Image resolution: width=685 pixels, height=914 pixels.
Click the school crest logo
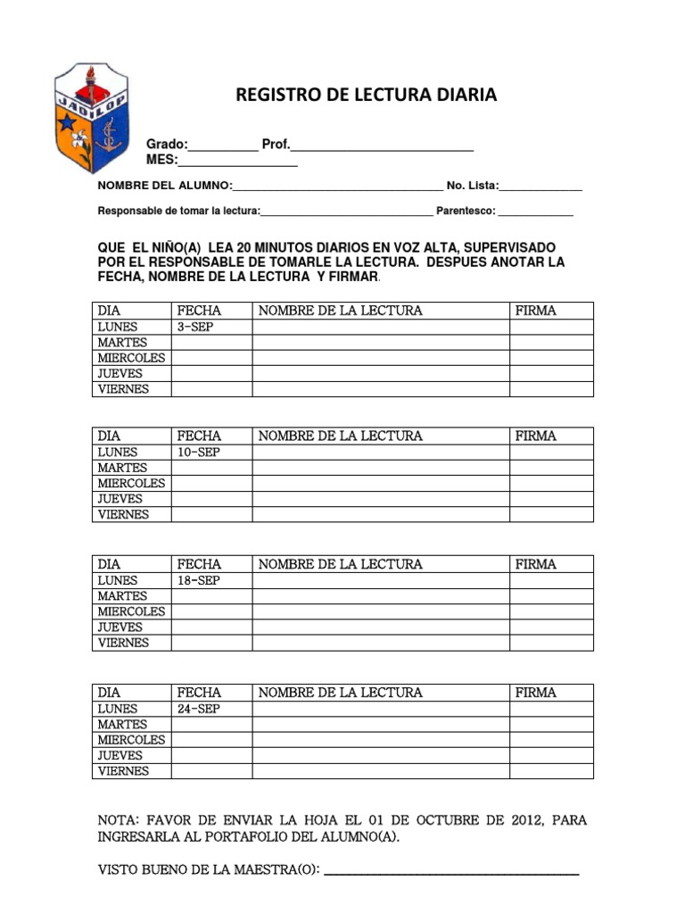92,117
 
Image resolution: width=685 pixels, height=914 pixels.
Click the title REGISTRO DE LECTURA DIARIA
366,96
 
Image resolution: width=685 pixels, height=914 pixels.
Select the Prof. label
276,145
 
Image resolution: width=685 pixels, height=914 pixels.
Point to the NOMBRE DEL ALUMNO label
163,186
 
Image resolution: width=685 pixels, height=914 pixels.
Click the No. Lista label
472,186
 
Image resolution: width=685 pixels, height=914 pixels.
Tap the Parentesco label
465,212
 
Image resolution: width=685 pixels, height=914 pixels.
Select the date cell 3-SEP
195,327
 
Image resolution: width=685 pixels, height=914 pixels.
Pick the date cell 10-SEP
198,452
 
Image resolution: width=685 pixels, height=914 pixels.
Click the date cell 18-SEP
198,580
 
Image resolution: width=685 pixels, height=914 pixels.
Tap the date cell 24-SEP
198,709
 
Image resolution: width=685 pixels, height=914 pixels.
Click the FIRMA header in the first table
535,311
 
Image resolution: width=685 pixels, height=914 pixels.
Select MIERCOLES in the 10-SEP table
131,483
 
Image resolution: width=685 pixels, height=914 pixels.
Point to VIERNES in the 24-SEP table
123,771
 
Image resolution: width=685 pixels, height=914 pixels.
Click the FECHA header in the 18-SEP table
199,564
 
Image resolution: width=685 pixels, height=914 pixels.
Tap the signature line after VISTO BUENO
452,872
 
